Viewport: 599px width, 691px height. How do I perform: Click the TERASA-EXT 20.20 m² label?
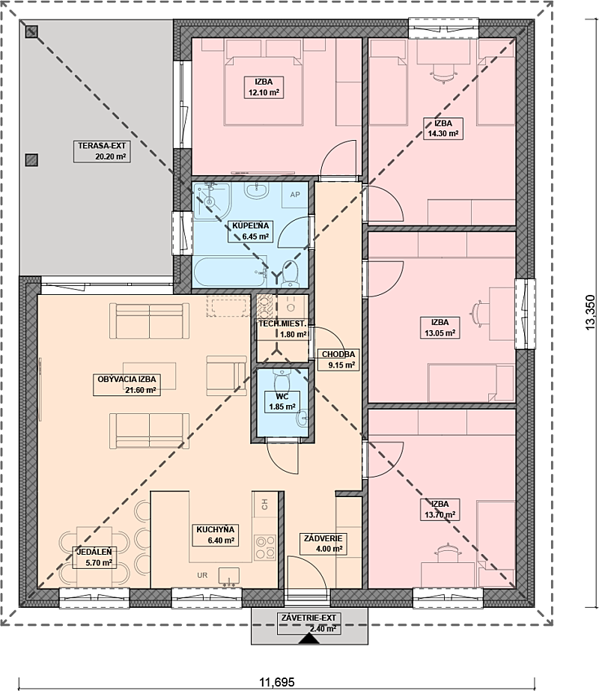coord(101,151)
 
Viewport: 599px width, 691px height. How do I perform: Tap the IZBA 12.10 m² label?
coord(264,88)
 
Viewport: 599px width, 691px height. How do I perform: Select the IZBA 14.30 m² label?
coord(443,128)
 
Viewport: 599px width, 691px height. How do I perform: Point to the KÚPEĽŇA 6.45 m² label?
coord(250,231)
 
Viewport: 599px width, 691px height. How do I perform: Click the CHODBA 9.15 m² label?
coord(338,359)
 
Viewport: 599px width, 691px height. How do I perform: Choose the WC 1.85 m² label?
coord(282,401)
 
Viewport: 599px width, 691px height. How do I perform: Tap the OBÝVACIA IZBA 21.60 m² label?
coord(127,385)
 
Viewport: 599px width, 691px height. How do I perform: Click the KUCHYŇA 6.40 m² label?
coord(215,535)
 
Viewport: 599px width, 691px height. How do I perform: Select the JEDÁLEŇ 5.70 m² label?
coord(94,557)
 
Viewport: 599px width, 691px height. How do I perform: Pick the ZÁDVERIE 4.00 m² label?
coord(323,544)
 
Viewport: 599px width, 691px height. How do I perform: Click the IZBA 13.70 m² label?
coord(440,509)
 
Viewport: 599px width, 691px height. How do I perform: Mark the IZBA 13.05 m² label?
coord(440,327)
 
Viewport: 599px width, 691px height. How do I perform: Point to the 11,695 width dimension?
coord(277,682)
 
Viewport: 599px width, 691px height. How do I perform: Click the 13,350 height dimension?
coord(590,312)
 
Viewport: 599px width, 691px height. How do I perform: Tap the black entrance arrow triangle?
coord(308,639)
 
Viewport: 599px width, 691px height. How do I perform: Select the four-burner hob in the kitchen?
coord(265,547)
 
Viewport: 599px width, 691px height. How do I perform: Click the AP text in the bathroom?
coord(295,195)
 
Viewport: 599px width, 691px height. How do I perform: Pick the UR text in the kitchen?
coord(202,575)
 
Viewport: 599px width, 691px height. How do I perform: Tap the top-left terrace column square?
coord(31,31)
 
